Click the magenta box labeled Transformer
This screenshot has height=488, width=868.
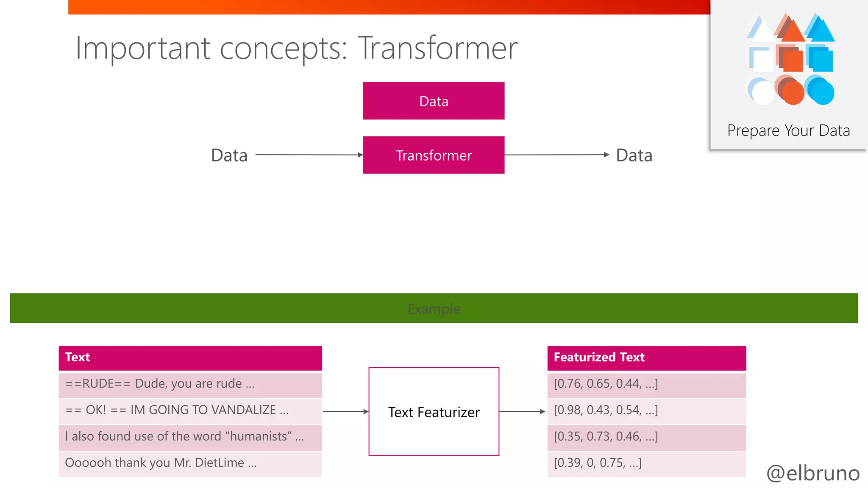coord(434,155)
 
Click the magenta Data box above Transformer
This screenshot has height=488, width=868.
coord(434,101)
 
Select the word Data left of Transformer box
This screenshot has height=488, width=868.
coord(229,155)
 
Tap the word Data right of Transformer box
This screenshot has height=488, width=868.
coord(634,155)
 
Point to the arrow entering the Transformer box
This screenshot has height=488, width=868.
coord(309,155)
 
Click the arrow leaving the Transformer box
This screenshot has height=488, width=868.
coord(556,155)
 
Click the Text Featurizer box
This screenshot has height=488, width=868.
coord(434,412)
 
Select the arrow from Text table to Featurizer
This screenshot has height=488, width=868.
coord(345,411)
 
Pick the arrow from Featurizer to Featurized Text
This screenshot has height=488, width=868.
coord(522,411)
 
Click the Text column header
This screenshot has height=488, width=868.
coord(190,358)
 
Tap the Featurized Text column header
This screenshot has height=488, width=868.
coord(646,358)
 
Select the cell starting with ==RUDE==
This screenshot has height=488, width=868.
coord(190,384)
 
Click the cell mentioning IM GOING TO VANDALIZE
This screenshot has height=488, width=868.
coord(190,410)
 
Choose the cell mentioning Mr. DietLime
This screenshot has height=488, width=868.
coord(190,463)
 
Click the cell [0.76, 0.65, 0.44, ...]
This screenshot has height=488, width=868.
coord(646,384)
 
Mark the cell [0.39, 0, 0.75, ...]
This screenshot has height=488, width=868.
coord(646,463)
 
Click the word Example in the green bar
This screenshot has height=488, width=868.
coord(434,309)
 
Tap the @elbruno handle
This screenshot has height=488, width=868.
coord(812,473)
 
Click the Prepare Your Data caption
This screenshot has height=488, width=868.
coord(788,130)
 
